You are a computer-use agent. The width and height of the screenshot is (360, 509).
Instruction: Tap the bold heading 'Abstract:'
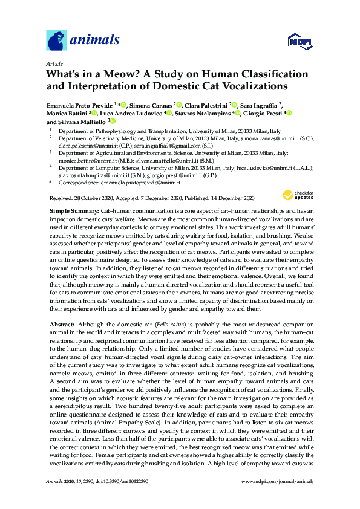point(62,325)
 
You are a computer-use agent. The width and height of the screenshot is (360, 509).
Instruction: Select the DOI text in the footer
point(118,481)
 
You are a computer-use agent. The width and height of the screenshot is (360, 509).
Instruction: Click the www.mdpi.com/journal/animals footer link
point(277,481)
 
